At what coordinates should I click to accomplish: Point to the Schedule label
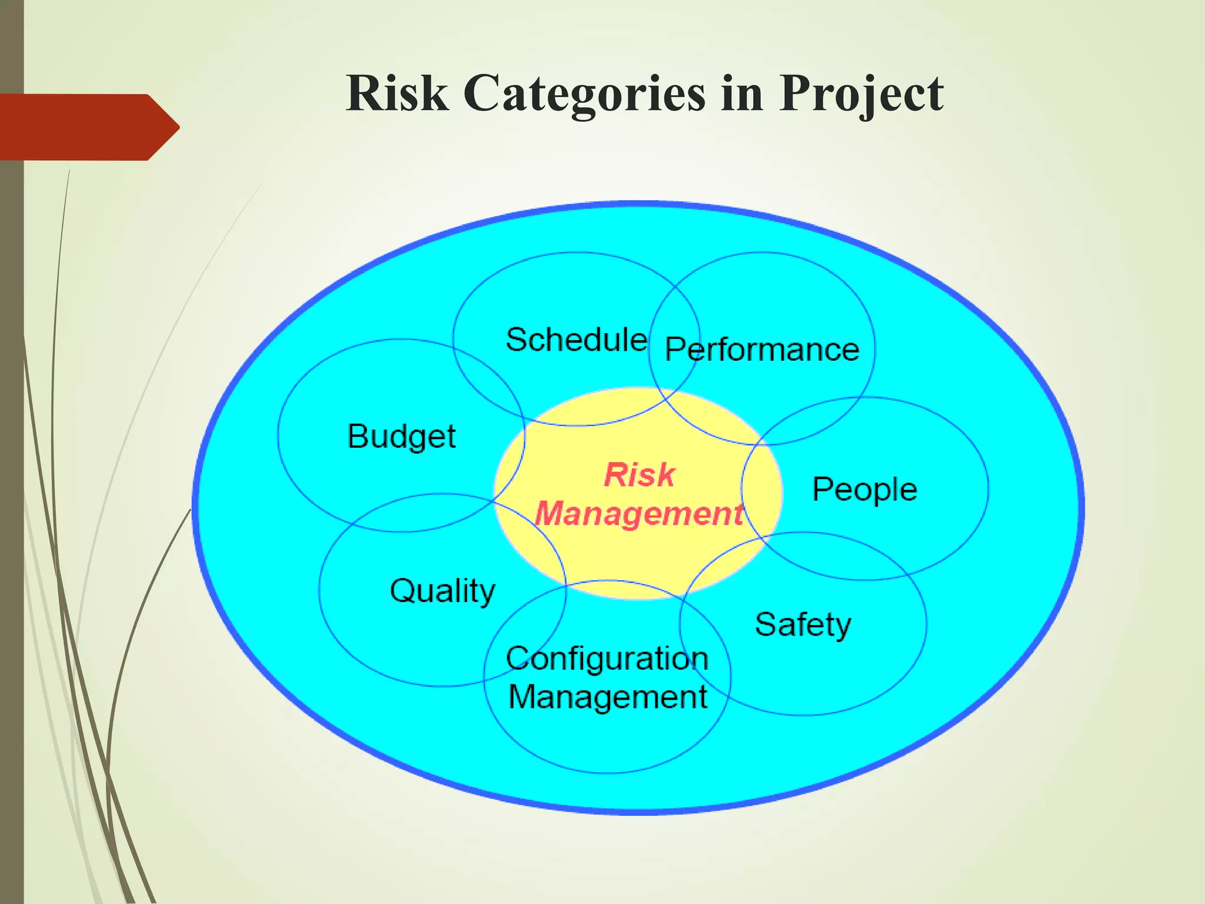[576, 340]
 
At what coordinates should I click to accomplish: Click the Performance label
[762, 350]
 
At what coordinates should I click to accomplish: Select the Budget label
[401, 437]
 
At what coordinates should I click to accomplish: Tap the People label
[864, 490]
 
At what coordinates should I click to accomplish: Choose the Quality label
[442, 591]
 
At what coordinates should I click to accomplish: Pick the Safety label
[803, 624]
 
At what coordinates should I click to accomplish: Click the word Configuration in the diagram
[607, 659]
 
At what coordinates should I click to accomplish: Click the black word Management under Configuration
[607, 697]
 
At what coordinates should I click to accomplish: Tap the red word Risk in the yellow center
[639, 474]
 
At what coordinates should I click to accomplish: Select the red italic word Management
[639, 513]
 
